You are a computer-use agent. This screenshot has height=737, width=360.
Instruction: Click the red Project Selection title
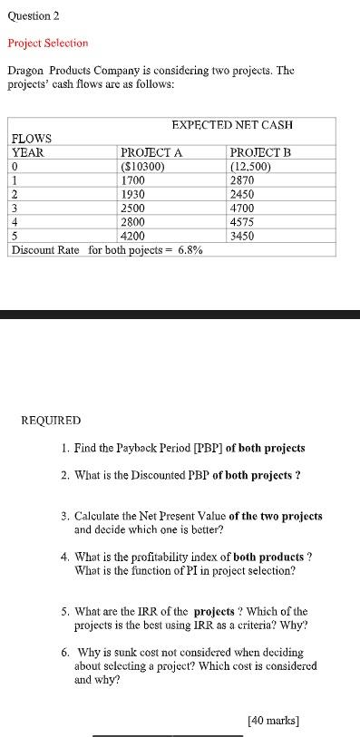pyautogui.click(x=48, y=43)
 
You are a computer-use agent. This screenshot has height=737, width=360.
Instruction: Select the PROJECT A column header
pyautogui.click(x=151, y=152)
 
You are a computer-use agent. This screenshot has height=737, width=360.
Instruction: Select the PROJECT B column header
pyautogui.click(x=260, y=152)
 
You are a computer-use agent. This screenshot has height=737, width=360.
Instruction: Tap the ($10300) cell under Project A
pyautogui.click(x=142, y=166)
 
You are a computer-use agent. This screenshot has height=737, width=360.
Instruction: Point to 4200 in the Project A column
pyautogui.click(x=133, y=235)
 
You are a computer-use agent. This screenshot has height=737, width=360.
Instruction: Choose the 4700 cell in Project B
pyautogui.click(x=242, y=208)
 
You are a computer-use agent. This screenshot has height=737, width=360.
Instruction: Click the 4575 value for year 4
pyautogui.click(x=242, y=221)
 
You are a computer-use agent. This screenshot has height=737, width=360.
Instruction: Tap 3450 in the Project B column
pyautogui.click(x=242, y=235)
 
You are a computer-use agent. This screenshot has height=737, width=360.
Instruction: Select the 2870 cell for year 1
pyautogui.click(x=242, y=179)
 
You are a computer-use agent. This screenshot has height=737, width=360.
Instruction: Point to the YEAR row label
pyautogui.click(x=27, y=152)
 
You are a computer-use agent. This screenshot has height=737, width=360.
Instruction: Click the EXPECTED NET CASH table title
pyautogui.click(x=231, y=124)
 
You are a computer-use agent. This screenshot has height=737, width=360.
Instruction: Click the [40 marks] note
pyautogui.click(x=273, y=721)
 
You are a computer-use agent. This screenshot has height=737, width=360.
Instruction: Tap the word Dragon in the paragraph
pyautogui.click(x=26, y=70)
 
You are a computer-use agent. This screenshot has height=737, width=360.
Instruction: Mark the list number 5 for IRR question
pyautogui.click(x=65, y=611)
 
